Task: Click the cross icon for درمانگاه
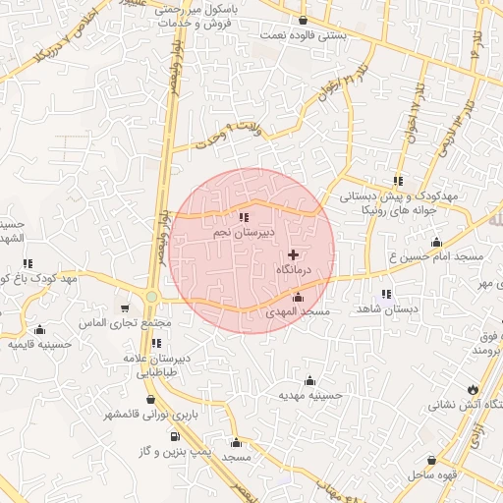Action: pos(293,254)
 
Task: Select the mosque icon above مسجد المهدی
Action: pos(299,297)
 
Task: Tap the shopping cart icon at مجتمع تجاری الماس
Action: pos(124,308)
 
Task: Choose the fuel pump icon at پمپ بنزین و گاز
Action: pos(175,435)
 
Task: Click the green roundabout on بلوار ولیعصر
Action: pos(152,296)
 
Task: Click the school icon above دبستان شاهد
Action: pos(386,294)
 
